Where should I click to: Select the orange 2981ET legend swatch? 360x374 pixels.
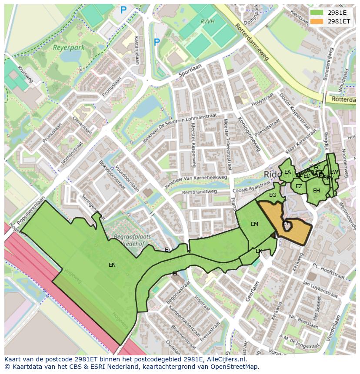point(317,21)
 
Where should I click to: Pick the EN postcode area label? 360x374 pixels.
point(112,265)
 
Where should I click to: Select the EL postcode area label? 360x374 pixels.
point(175,274)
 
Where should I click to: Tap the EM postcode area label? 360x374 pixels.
point(254,224)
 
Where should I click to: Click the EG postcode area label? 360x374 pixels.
point(273,195)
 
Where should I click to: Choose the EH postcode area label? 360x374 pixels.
point(317,191)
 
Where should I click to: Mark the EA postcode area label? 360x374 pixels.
point(287,172)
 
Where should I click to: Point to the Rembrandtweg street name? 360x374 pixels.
point(199,192)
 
